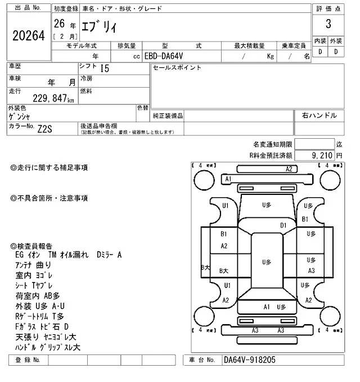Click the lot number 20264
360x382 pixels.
coord(28,36)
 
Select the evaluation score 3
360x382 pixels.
coord(327,25)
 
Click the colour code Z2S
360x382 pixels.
coord(46,128)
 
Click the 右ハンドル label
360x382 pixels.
coord(319,116)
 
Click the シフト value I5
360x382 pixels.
coord(105,69)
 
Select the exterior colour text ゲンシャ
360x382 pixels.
coord(20,116)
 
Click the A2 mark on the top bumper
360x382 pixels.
coord(290,169)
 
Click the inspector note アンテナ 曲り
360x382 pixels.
coord(34,265)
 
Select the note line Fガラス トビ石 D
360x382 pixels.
coord(42,326)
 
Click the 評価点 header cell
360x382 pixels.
coord(327,9)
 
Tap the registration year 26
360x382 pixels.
coord(58,24)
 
